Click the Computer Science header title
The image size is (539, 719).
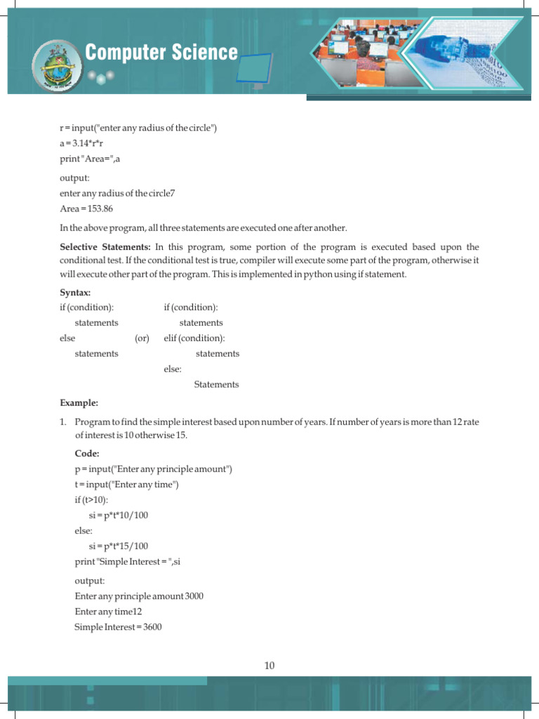(161, 53)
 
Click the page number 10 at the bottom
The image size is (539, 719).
(269, 666)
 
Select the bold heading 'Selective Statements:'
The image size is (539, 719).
(105, 247)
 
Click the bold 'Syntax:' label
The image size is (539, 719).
(75, 292)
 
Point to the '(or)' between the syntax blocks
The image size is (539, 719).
(142, 338)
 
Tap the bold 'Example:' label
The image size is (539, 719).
(79, 403)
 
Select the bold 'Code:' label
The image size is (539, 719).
(87, 454)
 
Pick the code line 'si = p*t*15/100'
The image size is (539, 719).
(119, 546)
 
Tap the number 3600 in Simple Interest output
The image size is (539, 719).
(152, 627)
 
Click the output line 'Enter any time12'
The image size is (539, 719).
(109, 612)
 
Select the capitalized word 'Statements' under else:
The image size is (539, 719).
(216, 385)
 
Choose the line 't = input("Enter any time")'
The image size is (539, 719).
(127, 484)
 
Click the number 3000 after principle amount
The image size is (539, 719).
(195, 596)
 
